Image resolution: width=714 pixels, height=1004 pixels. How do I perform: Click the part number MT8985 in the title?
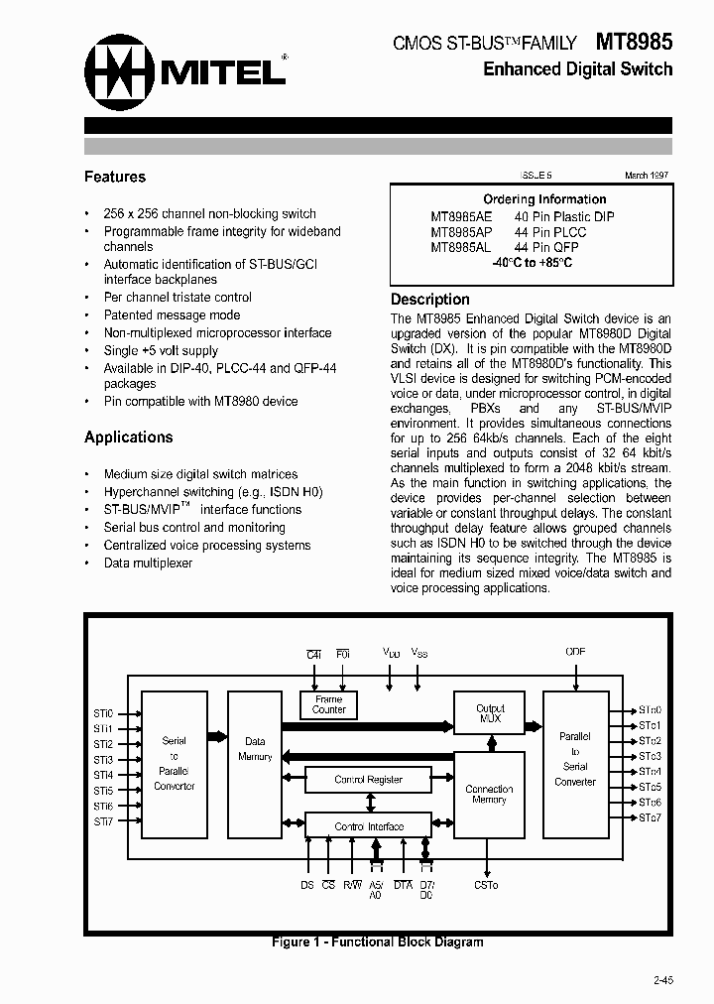pyautogui.click(x=634, y=42)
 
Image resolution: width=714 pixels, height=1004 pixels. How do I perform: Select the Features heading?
pyautogui.click(x=115, y=177)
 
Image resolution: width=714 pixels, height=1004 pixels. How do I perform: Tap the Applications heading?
pyautogui.click(x=129, y=437)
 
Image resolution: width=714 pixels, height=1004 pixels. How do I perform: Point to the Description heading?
pyautogui.click(x=430, y=300)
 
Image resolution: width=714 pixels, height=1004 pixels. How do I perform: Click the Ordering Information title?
pyautogui.click(x=544, y=199)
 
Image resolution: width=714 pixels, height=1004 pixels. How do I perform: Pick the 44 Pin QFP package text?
pyautogui.click(x=546, y=248)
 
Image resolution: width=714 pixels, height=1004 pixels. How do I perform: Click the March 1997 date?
pyautogui.click(x=646, y=175)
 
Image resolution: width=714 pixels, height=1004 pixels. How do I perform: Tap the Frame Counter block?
pyautogui.click(x=328, y=705)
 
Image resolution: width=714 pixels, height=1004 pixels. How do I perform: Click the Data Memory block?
pyautogui.click(x=255, y=749)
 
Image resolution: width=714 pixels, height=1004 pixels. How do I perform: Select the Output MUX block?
pyautogui.click(x=490, y=713)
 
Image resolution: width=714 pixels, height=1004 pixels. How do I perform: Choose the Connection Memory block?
pyautogui.click(x=489, y=795)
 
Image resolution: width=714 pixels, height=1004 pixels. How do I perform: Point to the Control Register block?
pyautogui.click(x=368, y=780)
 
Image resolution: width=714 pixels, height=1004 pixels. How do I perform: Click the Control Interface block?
pyautogui.click(x=368, y=826)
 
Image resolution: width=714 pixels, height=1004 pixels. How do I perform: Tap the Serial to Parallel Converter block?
pyautogui.click(x=174, y=763)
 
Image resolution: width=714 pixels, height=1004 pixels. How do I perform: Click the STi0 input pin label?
pyautogui.click(x=103, y=713)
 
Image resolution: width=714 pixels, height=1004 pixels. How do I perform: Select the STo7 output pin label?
pyautogui.click(x=650, y=817)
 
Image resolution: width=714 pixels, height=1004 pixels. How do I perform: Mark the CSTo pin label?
pyautogui.click(x=486, y=885)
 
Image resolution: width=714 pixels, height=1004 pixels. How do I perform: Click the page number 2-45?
pyautogui.click(x=663, y=980)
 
